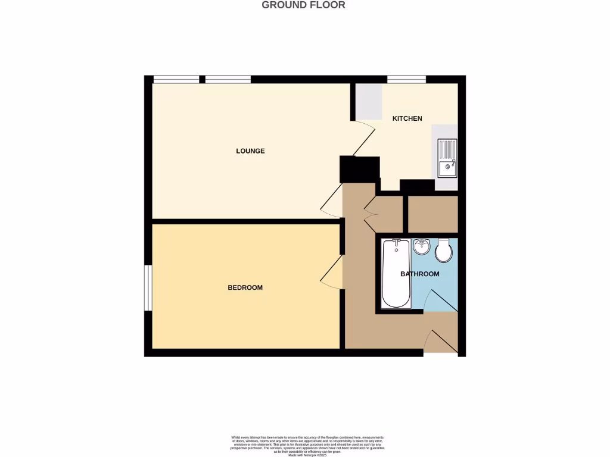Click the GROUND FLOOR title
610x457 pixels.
pos(304,5)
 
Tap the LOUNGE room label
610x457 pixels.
pos(250,151)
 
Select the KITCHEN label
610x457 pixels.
pos(407,118)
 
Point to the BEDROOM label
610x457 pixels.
pos(245,288)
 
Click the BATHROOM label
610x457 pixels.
pos(419,274)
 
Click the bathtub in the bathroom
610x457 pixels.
pos(396,274)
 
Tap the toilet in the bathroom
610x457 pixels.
pos(443,252)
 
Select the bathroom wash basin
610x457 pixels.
pos(422,245)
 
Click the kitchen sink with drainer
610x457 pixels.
pos(447,158)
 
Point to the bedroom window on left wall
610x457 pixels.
pos(148,288)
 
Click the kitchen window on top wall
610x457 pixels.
pos(406,79)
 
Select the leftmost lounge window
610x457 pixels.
pos(176,79)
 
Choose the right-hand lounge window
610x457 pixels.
pos(228,79)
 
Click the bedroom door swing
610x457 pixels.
pos(332,273)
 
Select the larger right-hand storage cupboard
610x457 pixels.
pos(432,214)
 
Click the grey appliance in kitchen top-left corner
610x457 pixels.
pos(369,101)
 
